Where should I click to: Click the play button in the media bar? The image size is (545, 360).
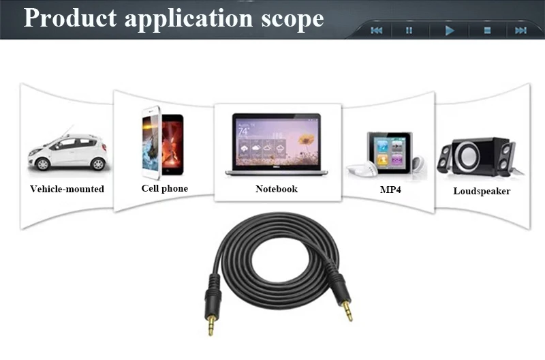449,30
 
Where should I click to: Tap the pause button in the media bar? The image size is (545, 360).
409,30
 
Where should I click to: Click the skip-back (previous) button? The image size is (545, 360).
376,30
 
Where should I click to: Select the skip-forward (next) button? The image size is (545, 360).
521,30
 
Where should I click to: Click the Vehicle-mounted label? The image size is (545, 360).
67,189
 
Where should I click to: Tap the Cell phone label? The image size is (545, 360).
164,188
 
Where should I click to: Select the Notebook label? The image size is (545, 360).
276,189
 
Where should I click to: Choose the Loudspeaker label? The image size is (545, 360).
482,191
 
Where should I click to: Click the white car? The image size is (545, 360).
67,151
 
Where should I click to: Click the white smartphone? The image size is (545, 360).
151,142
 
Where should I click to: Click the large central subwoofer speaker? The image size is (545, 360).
472,156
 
